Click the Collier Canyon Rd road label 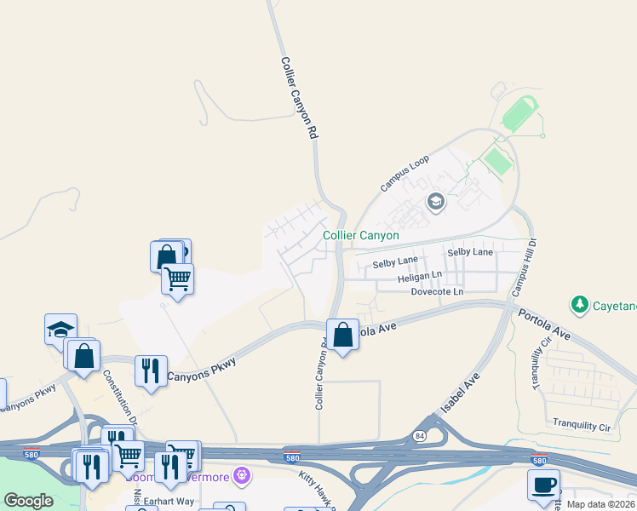(300, 98)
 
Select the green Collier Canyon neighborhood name (361, 235)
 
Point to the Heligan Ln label (420, 277)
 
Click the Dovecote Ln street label (437, 291)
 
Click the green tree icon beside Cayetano (580, 304)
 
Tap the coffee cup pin (543, 485)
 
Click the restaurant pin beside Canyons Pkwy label (151, 370)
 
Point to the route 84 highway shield (419, 435)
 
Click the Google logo (29, 501)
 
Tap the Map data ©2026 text (601, 504)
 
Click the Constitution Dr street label (119, 396)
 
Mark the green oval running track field (519, 113)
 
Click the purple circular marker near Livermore (242, 475)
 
